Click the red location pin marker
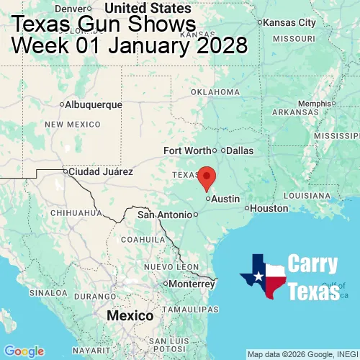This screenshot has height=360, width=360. click(x=207, y=176)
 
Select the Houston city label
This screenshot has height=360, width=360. click(x=269, y=208)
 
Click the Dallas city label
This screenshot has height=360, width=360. click(x=240, y=150)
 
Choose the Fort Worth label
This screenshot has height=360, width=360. click(x=187, y=150)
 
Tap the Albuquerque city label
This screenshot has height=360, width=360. click(x=93, y=104)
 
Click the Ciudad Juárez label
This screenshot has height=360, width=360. click(x=100, y=172)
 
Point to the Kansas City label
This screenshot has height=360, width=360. click(x=289, y=22)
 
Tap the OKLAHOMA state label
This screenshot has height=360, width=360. click(x=215, y=92)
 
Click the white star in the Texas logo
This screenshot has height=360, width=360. click(x=257, y=276)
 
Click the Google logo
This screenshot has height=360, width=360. click(x=23, y=351)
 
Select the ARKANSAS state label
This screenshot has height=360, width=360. click(x=295, y=112)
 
